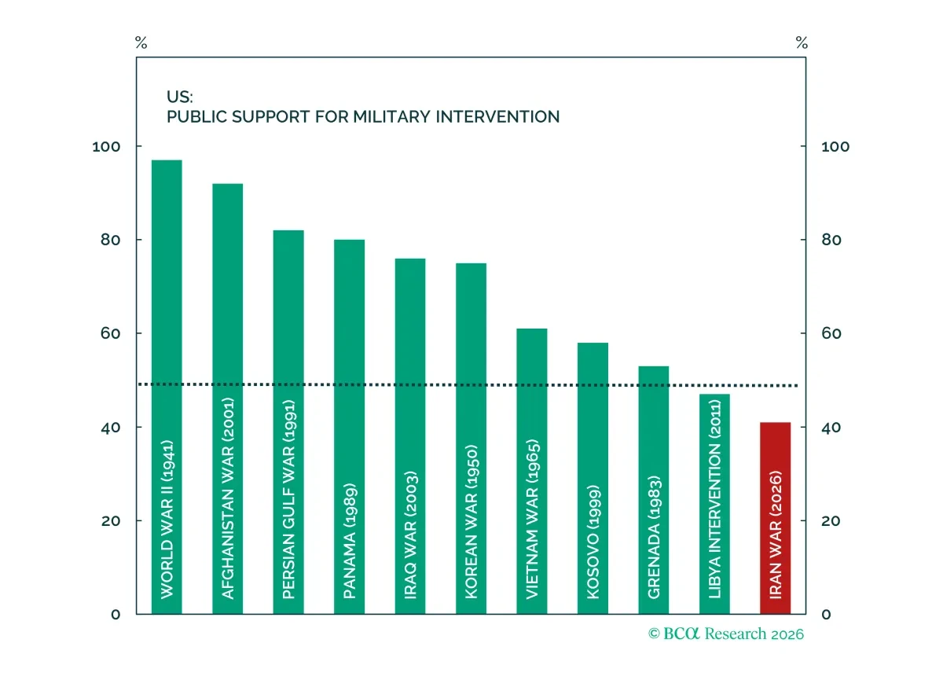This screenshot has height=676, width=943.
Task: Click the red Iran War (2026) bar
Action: pyautogui.click(x=775, y=518)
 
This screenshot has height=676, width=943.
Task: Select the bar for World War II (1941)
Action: pyautogui.click(x=167, y=387)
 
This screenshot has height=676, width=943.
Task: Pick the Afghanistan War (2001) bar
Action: pyautogui.click(x=227, y=399)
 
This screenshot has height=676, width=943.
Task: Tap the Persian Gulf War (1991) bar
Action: pyautogui.click(x=288, y=422)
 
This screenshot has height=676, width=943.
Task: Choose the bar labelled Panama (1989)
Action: pyautogui.click(x=350, y=427)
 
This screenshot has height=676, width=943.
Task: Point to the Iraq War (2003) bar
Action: pyautogui.click(x=410, y=436)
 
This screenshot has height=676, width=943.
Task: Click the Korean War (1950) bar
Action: pyautogui.click(x=471, y=439)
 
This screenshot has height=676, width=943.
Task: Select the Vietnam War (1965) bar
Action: pyautogui.click(x=532, y=472)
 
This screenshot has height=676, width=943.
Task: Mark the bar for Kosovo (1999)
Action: pyautogui.click(x=593, y=479)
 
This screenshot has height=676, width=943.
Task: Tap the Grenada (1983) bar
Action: pyautogui.click(x=653, y=490)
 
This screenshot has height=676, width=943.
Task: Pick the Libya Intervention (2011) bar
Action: pyautogui.click(x=714, y=504)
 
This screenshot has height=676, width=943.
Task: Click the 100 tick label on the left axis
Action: pyautogui.click(x=106, y=146)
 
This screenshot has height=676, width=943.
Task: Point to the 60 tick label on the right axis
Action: pyautogui.click(x=831, y=333)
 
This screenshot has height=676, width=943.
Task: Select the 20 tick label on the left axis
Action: pyautogui.click(x=111, y=521)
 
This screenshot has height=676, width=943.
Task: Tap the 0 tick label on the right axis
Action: pyautogui.click(x=826, y=615)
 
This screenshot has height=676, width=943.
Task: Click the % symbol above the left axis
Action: pyautogui.click(x=141, y=42)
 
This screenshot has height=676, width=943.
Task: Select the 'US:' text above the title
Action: pyautogui.click(x=180, y=97)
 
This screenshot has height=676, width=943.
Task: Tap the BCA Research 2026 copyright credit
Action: pyautogui.click(x=726, y=634)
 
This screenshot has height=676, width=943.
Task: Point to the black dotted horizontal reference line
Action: pyautogui.click(x=468, y=385)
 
